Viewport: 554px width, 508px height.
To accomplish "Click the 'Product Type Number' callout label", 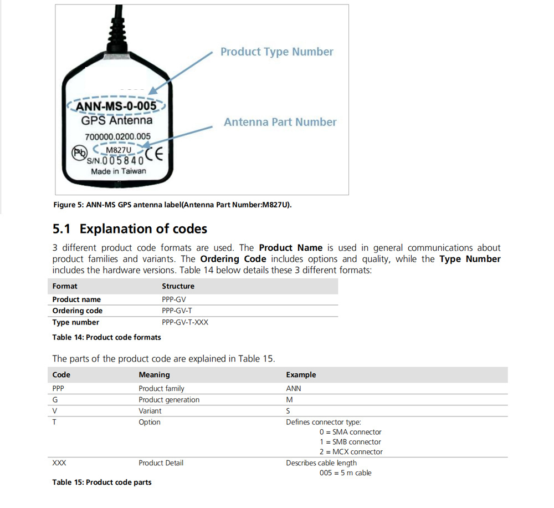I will pos(276,52).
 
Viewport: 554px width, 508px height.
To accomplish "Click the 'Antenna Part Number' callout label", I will pos(280,122).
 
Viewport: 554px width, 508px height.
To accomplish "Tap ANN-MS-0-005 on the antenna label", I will pos(116,105).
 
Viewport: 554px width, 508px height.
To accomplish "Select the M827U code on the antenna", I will pos(118,150).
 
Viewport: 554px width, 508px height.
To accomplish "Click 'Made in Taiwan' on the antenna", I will pos(119,171).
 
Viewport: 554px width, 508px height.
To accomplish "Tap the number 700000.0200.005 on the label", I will pos(117,136).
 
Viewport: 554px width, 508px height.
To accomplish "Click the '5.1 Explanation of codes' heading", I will pos(130,228).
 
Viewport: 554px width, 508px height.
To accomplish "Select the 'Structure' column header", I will pos(178,286).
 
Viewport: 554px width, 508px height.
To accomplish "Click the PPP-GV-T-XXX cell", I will pos(185,322).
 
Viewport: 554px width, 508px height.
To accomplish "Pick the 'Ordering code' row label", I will pos(77,311).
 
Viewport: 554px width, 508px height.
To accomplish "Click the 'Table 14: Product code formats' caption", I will pos(106,337).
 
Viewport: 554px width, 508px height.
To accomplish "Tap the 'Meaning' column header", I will pos(154,375).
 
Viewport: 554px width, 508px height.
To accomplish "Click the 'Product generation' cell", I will pos(169,400).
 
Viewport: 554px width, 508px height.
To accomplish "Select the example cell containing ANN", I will pos(294,389).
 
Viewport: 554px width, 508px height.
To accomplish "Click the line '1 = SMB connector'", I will pos(350,442).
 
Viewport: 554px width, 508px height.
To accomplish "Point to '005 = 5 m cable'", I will pos(345,473).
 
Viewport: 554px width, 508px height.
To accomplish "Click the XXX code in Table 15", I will pos(59,463).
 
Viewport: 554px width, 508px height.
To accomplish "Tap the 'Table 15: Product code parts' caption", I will pos(101,482).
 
